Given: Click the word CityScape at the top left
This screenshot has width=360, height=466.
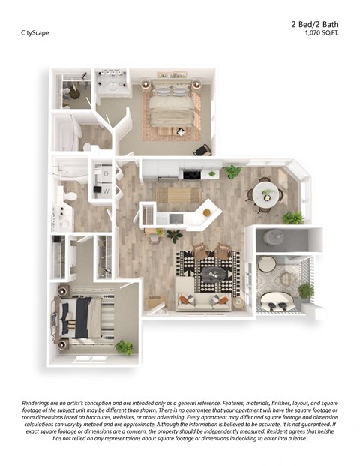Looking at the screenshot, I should click(x=34, y=33).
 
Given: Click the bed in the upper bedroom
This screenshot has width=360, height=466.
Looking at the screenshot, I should click(x=172, y=106).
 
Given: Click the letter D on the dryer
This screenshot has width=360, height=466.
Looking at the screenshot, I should click(x=106, y=173).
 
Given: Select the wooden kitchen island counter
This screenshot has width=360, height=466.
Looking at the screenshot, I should click(x=178, y=195).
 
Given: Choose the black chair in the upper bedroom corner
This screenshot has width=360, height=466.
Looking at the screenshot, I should click(x=201, y=149).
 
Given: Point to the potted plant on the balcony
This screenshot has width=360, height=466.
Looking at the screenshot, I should click(x=305, y=290).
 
